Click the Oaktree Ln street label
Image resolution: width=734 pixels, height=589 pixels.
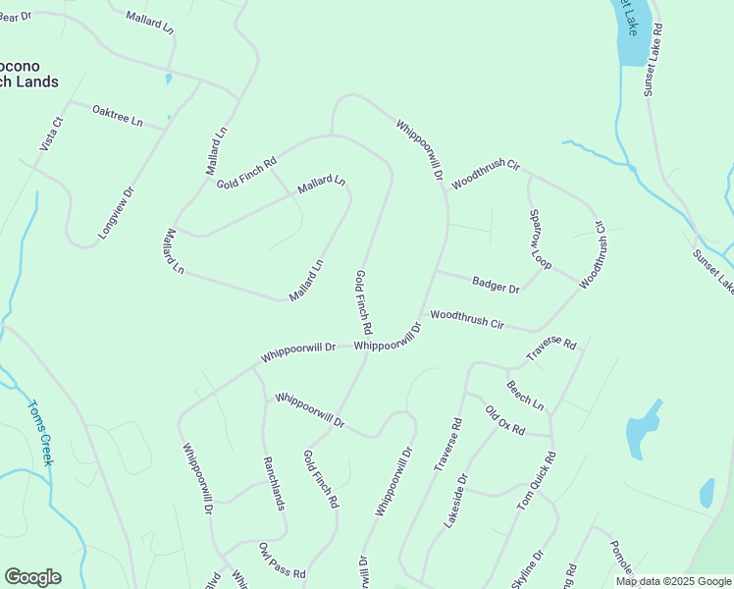pos(117,116)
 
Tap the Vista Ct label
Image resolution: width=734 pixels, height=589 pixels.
pos(51,134)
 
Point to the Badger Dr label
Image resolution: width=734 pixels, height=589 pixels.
pos(495,286)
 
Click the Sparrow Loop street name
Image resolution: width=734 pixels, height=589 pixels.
pos(541,240)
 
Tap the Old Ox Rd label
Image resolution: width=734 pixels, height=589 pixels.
pos(504,420)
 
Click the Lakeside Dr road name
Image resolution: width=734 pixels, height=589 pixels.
pos(456,502)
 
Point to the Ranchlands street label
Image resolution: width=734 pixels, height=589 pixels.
pos(273,483)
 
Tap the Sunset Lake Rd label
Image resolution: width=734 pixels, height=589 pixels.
pos(654,59)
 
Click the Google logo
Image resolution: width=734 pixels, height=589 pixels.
pos(32,577)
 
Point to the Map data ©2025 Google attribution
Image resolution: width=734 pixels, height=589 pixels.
pos(673,581)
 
